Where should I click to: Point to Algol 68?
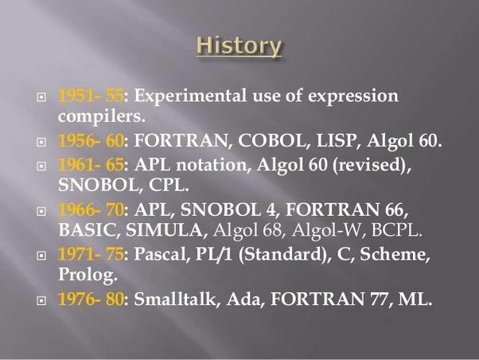click(245, 232)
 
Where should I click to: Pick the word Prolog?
click(87, 277)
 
